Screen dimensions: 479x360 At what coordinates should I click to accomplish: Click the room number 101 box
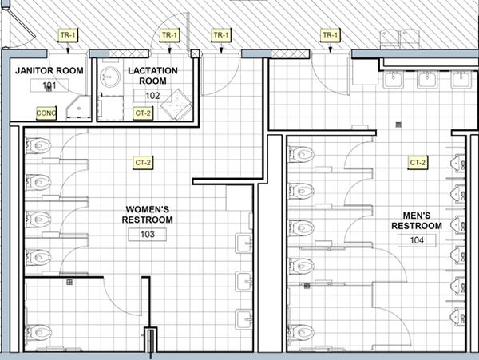[49, 85]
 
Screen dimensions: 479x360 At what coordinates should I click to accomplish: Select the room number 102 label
[152, 96]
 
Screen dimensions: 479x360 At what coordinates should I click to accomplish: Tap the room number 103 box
[147, 235]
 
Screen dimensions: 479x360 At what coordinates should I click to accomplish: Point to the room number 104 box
[417, 240]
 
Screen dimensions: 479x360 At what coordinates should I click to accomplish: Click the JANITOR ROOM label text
[49, 70]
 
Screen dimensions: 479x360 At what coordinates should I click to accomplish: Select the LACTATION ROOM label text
[152, 76]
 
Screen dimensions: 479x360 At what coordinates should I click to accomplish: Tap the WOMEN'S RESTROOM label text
[147, 215]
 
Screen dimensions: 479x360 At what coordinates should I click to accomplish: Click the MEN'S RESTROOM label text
[417, 220]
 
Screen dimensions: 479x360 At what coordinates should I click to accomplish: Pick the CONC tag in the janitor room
[46, 113]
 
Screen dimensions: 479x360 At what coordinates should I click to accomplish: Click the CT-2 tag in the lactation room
[143, 113]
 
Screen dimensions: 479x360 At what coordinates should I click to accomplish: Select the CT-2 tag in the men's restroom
[418, 163]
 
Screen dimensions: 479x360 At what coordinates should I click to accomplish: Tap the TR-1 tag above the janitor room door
[68, 35]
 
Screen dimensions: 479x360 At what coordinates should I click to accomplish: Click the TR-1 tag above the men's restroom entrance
[331, 35]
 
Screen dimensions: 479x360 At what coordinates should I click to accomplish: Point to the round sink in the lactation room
[110, 77]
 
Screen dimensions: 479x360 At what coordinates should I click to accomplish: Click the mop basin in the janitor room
[79, 108]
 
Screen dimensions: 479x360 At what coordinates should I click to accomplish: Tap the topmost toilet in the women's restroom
[38, 145]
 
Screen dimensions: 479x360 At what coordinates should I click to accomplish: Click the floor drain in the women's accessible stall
[69, 282]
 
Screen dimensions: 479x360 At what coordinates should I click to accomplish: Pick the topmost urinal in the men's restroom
[458, 163]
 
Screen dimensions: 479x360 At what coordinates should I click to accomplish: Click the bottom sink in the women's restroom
[244, 319]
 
